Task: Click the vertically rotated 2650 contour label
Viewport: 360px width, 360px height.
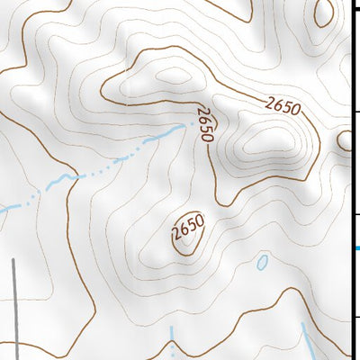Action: pos(205,124)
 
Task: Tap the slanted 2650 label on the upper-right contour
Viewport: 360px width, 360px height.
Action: pos(282,105)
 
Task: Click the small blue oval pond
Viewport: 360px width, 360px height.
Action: pos(262,263)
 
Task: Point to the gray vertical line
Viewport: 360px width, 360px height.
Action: pos(14,306)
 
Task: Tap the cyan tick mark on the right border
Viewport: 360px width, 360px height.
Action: pos(356,248)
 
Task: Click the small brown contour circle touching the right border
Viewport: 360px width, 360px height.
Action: pos(345,140)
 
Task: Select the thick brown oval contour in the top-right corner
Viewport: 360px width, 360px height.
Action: pos(322,13)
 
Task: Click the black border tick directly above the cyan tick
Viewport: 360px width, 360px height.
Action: pos(356,214)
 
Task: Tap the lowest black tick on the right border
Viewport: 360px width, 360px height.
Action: pos(356,316)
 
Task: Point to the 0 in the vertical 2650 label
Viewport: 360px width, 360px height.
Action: pos(207,136)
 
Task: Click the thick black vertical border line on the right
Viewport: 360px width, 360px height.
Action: pos(351,180)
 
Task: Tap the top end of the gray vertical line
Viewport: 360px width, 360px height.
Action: pos(13,260)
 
